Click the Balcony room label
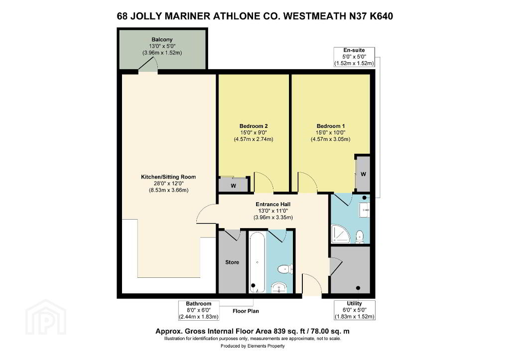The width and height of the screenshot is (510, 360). [x=162, y=39]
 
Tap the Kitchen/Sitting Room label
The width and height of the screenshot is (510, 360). [x=168, y=177]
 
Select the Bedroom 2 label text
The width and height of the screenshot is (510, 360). [x=254, y=126]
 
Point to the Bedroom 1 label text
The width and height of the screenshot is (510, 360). [x=331, y=126]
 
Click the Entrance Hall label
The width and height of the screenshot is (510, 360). [x=273, y=204]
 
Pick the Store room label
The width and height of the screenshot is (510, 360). [x=232, y=262]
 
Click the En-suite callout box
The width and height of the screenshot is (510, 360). [x=354, y=57]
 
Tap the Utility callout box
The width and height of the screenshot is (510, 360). [x=355, y=310]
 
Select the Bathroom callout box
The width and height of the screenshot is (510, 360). [x=199, y=310]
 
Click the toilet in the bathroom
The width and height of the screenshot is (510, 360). [x=285, y=269]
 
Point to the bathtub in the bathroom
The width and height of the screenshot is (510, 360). [x=257, y=262]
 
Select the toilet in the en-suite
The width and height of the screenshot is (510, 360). [x=360, y=236]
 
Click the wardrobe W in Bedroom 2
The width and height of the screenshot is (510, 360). [x=234, y=186]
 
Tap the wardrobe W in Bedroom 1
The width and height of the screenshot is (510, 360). [x=363, y=174]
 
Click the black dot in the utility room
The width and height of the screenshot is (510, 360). [x=358, y=288]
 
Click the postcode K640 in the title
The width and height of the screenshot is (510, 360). [x=381, y=16]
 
